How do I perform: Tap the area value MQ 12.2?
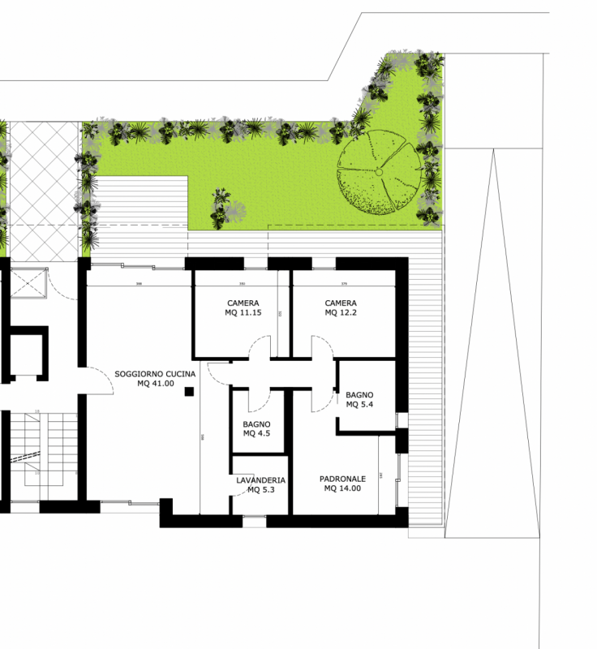click(339, 312)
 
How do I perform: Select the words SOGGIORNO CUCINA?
click(155, 374)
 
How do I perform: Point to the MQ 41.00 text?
click(155, 384)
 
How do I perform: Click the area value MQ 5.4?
click(359, 404)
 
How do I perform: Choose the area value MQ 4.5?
click(256, 433)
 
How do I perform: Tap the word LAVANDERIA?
click(260, 480)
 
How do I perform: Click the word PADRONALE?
click(342, 479)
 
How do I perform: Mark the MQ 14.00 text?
click(342, 488)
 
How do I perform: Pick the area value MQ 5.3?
click(260, 489)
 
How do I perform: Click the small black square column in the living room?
click(189, 391)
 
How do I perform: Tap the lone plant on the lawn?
click(219, 208)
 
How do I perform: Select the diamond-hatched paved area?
click(45, 191)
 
